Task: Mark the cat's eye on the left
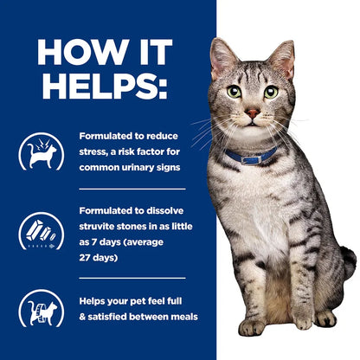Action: tap(234, 91)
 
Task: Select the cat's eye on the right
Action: tap(271, 91)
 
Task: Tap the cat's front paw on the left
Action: tap(251, 326)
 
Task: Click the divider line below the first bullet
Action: tap(130, 188)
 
